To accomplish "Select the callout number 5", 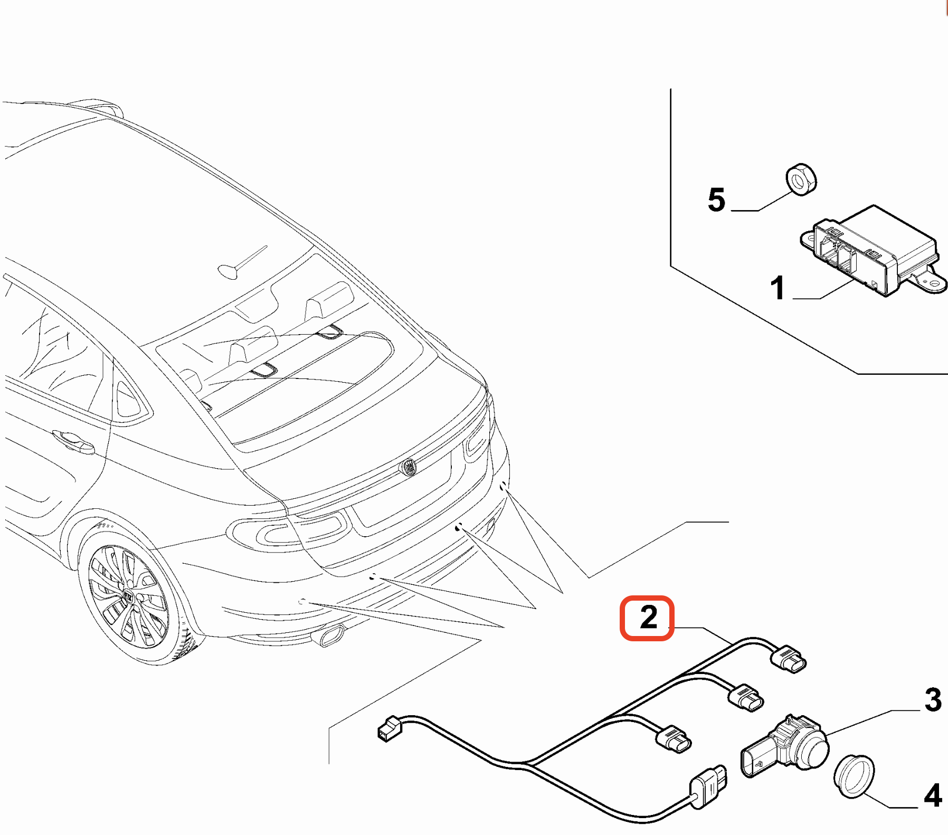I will [716, 200].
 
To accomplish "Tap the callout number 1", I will [777, 288].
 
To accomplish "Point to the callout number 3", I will [933, 700].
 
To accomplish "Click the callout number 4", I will [933, 795].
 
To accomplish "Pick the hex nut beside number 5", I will [801, 179].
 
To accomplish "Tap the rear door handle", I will [74, 441].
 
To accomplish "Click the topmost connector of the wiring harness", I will [789, 659].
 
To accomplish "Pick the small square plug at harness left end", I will [389, 728].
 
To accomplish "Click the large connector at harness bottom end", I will [709, 786].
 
